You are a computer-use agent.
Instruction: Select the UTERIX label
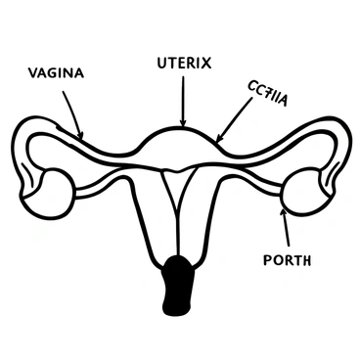point(184,64)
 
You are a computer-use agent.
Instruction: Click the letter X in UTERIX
point(207,64)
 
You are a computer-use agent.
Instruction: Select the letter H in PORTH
point(307,260)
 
